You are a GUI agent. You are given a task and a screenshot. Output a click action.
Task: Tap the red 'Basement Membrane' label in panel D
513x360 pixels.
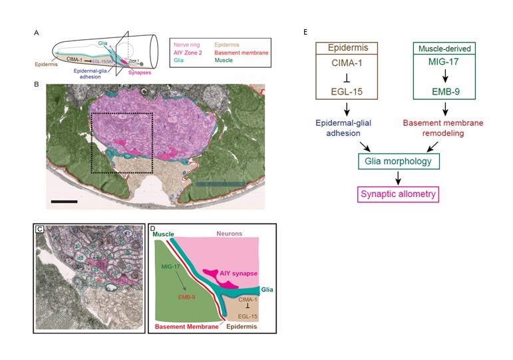coord(180,327)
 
